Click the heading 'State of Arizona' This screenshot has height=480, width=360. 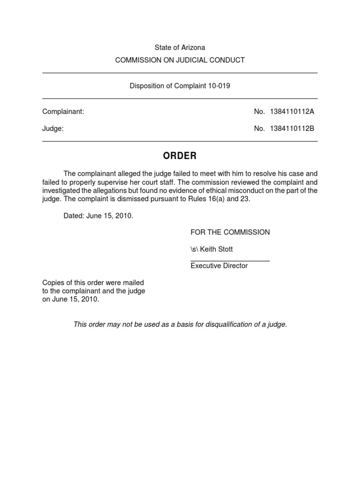pos(180,47)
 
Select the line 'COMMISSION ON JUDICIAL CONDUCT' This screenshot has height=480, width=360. pos(180,60)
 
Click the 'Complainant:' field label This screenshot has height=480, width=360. pos(63,112)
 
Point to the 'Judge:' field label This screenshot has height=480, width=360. pos(53,128)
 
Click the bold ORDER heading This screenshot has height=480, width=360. pos(180,156)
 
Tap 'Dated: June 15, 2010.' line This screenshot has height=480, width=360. pos(98,216)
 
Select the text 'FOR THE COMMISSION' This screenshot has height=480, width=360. pos(230,232)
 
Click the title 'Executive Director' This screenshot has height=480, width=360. pos(219,266)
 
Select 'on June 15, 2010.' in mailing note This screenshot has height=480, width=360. pos(71,300)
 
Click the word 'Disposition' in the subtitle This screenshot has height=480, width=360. pos(146,86)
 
